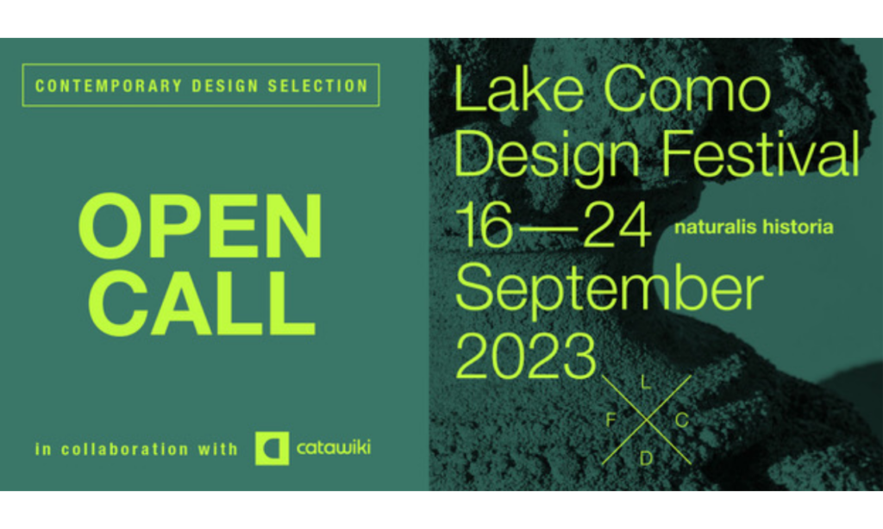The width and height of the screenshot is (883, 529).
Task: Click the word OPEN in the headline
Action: tap(200, 227)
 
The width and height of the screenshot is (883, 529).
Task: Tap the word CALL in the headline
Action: tap(201, 303)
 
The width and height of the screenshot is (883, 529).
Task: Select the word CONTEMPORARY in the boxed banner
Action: tap(108, 85)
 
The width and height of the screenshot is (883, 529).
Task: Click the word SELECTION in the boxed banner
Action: tap(317, 85)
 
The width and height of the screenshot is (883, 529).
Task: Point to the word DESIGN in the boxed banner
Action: tap(225, 85)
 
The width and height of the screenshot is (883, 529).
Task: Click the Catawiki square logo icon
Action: tap(272, 449)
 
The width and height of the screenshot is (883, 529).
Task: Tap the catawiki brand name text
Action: tap(334, 448)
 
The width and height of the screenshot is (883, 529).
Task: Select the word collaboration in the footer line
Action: tap(125, 449)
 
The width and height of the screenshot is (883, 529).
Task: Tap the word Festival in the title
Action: tap(760, 153)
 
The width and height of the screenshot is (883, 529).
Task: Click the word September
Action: tap(610, 289)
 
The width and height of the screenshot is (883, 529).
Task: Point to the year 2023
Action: tap(525, 356)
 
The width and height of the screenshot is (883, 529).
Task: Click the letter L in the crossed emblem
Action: tap(646, 383)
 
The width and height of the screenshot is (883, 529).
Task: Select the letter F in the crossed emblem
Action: tap(611, 420)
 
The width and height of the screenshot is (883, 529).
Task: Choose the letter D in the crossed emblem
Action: tap(646, 458)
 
